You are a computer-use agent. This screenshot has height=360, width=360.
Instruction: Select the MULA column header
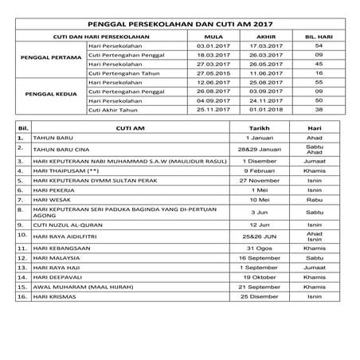213,37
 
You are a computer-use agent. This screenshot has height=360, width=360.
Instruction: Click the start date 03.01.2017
213,47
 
